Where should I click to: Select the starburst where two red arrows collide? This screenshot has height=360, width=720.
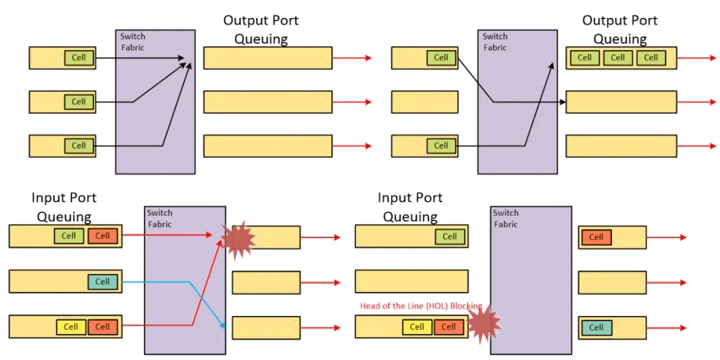pyautogui.click(x=238, y=240)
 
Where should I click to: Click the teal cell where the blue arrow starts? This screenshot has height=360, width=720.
pyautogui.click(x=102, y=281)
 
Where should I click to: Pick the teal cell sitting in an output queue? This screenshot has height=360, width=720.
pyautogui.click(x=596, y=327)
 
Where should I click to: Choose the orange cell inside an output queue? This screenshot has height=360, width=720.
pyautogui.click(x=596, y=237)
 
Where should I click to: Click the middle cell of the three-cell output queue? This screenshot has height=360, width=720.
pyautogui.click(x=618, y=57)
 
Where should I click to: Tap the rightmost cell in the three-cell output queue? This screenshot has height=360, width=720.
pyautogui.click(x=651, y=57)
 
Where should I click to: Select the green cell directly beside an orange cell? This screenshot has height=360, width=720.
pyautogui.click(x=69, y=235)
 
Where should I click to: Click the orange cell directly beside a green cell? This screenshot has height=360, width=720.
pyautogui.click(x=102, y=235)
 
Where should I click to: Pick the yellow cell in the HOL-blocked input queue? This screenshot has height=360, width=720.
pyautogui.click(x=417, y=327)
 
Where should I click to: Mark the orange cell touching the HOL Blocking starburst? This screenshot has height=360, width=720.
pyautogui.click(x=449, y=327)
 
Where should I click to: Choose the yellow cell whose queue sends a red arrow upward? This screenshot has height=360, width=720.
pyautogui.click(x=71, y=327)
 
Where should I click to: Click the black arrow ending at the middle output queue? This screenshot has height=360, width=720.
pyautogui.click(x=527, y=101)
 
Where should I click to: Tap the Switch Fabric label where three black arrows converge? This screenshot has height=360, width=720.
pyautogui.click(x=132, y=41)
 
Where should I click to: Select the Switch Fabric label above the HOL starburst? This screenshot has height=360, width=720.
pyautogui.click(x=505, y=219)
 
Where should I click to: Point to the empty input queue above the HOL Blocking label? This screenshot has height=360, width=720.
pyautogui.click(x=411, y=282)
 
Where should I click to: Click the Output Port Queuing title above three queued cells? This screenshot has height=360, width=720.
pyautogui.click(x=619, y=29)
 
